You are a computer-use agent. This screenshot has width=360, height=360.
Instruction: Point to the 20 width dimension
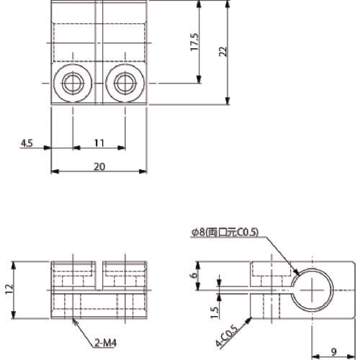99,166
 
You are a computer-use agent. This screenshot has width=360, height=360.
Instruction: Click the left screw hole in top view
71,84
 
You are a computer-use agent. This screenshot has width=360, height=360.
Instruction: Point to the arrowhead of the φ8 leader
297,275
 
